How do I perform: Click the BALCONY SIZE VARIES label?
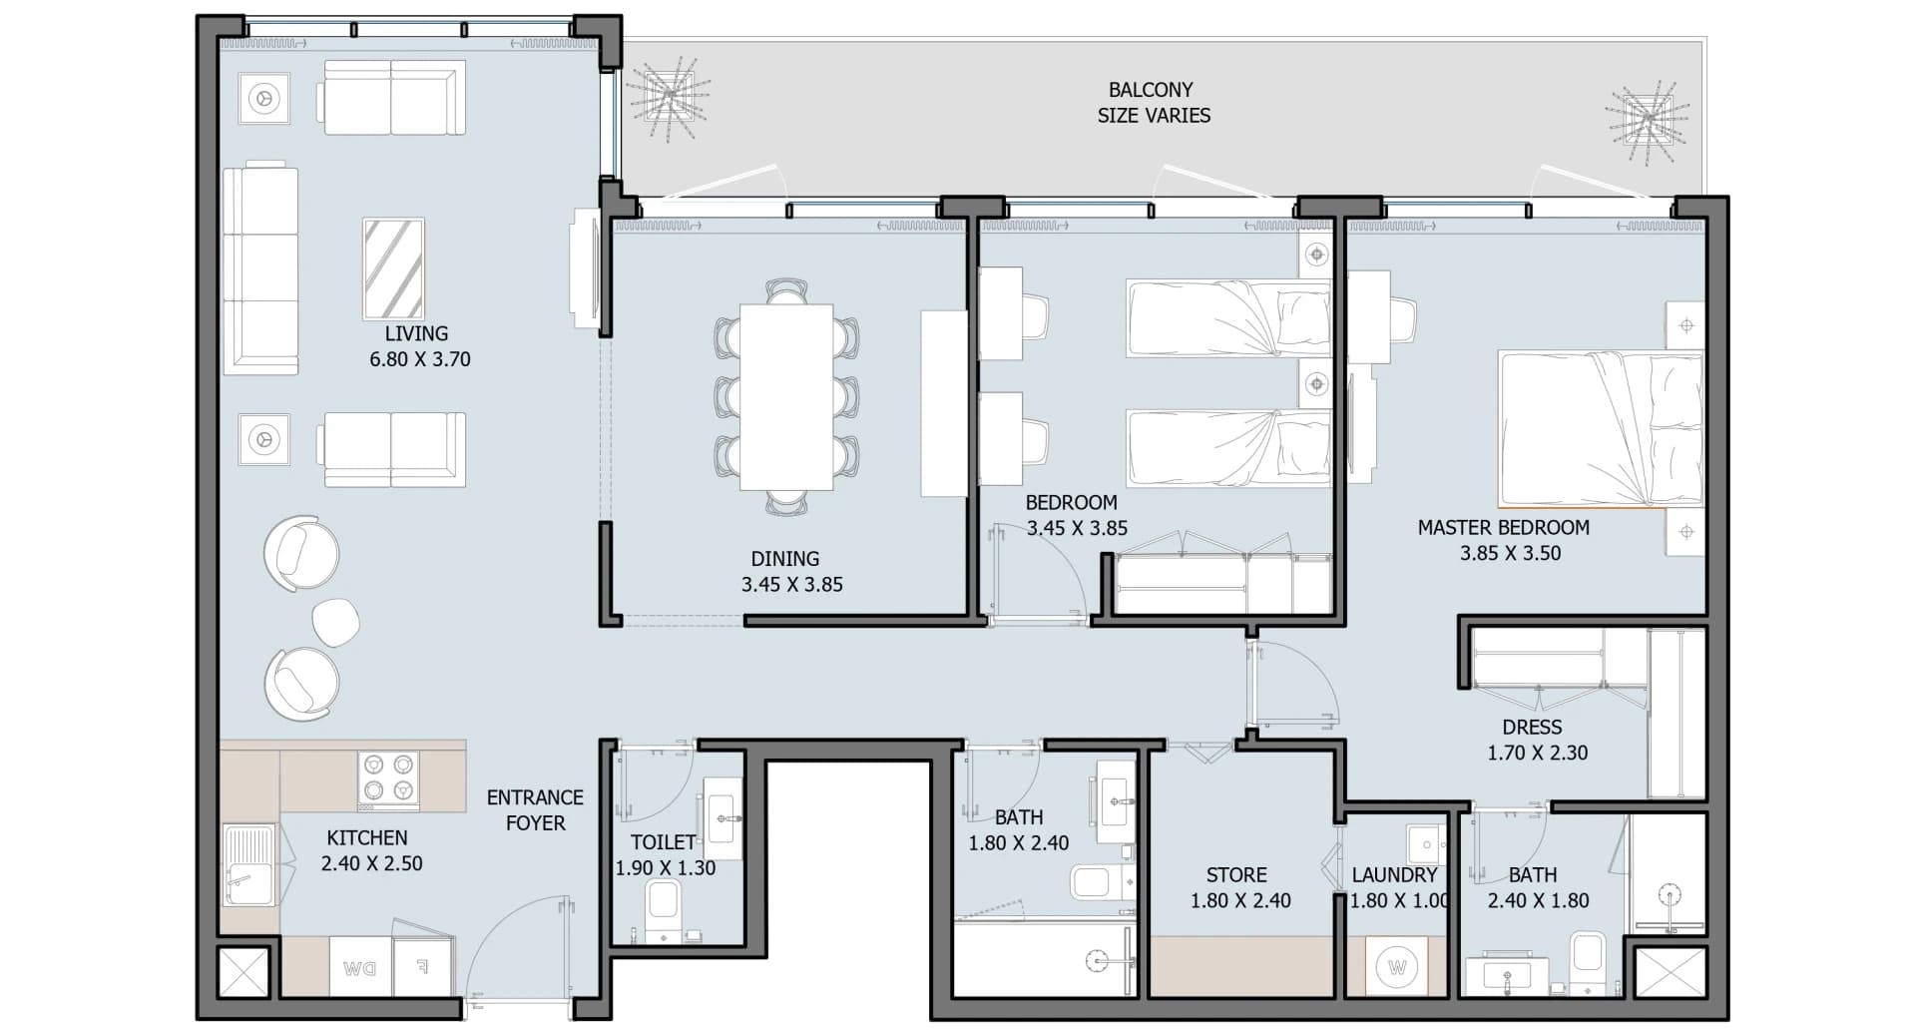click(1153, 103)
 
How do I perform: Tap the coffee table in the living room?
click(393, 268)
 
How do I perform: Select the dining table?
click(786, 397)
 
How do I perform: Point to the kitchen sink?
click(247, 864)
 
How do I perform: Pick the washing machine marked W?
click(1396, 966)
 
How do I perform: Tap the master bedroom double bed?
click(1600, 429)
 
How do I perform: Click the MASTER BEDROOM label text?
click(1504, 527)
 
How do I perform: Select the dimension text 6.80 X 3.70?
click(420, 359)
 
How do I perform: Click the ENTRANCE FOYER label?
click(535, 810)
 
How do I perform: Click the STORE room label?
click(1236, 875)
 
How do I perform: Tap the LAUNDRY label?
click(1394, 875)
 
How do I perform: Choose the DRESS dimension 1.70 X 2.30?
click(1538, 754)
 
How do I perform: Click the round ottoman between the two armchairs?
click(335, 621)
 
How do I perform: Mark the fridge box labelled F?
click(423, 967)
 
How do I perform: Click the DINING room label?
click(785, 559)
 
